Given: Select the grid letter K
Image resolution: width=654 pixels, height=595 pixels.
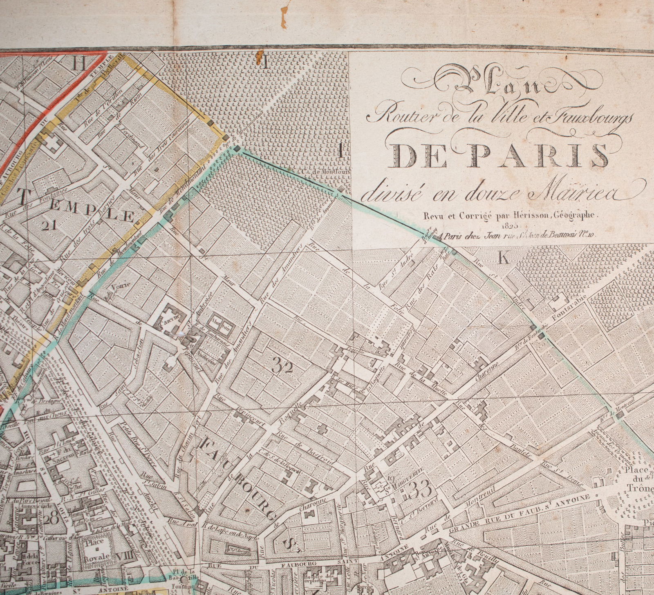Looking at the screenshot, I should [503, 258].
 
